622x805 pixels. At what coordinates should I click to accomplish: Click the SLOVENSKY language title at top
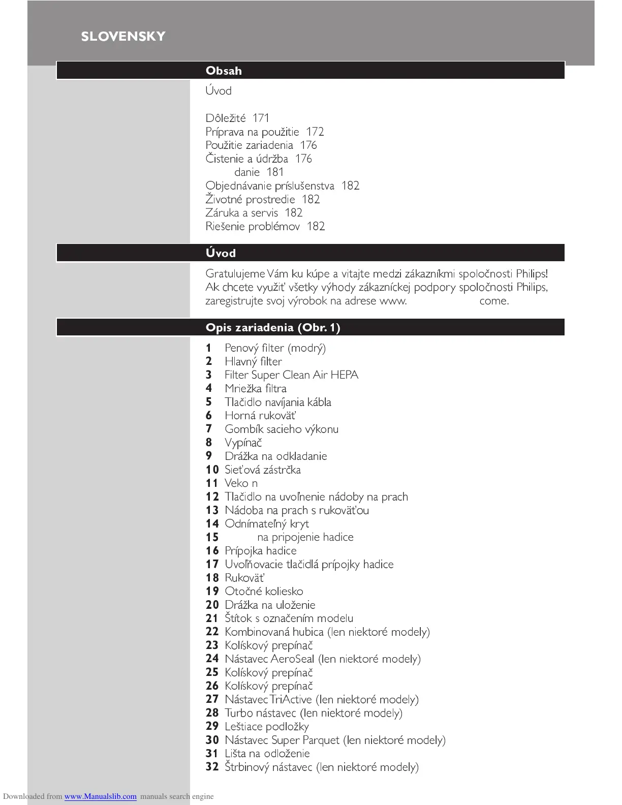pos(123,37)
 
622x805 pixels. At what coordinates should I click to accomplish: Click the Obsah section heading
pos(224,71)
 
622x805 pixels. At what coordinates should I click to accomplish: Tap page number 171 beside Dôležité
pos(261,118)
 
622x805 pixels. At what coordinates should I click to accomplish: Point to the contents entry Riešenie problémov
pos(253,226)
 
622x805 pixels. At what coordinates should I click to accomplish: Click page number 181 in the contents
pos(275,172)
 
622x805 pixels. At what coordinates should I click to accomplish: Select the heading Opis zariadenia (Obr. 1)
pos(273,327)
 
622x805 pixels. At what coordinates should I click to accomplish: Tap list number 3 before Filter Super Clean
pos(208,375)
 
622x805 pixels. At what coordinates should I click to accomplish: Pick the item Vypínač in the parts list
pos(243,443)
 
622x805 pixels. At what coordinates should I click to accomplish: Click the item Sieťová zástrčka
pos(262,470)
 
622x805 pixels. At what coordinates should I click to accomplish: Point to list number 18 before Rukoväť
pos(212,578)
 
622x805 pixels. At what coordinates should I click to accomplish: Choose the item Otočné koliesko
pos(264,591)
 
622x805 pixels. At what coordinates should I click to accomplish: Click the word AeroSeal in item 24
pos(292,659)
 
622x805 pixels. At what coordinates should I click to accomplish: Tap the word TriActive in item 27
pos(291,700)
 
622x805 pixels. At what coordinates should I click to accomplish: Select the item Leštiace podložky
pos(266,727)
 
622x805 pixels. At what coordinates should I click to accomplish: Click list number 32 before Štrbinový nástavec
pos(212,767)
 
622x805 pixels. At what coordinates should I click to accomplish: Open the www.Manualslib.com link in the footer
pos(100,796)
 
